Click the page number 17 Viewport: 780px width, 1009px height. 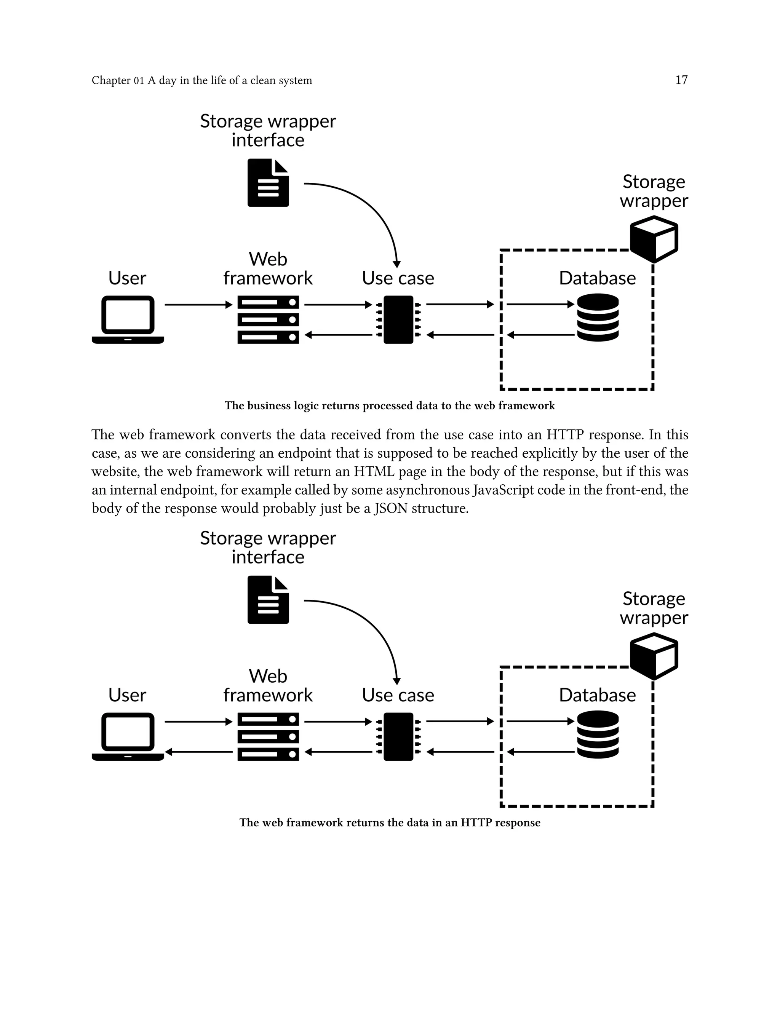[x=681, y=80]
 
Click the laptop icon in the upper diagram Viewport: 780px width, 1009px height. [x=128, y=320]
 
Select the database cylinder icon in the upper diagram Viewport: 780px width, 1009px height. [x=598, y=318]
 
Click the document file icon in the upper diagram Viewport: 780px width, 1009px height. [x=268, y=183]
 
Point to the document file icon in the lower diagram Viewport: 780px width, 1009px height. [x=268, y=600]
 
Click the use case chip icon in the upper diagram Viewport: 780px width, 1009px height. [x=398, y=320]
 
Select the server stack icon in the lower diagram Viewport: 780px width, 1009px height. [x=268, y=736]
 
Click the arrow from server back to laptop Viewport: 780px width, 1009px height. [x=199, y=752]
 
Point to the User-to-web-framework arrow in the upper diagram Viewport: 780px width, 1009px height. [x=199, y=305]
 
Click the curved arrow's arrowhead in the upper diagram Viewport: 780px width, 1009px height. [x=396, y=264]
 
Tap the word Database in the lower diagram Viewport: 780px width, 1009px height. [x=597, y=695]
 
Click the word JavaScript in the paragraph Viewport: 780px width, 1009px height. [x=503, y=490]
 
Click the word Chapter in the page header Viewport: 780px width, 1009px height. [x=111, y=80]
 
